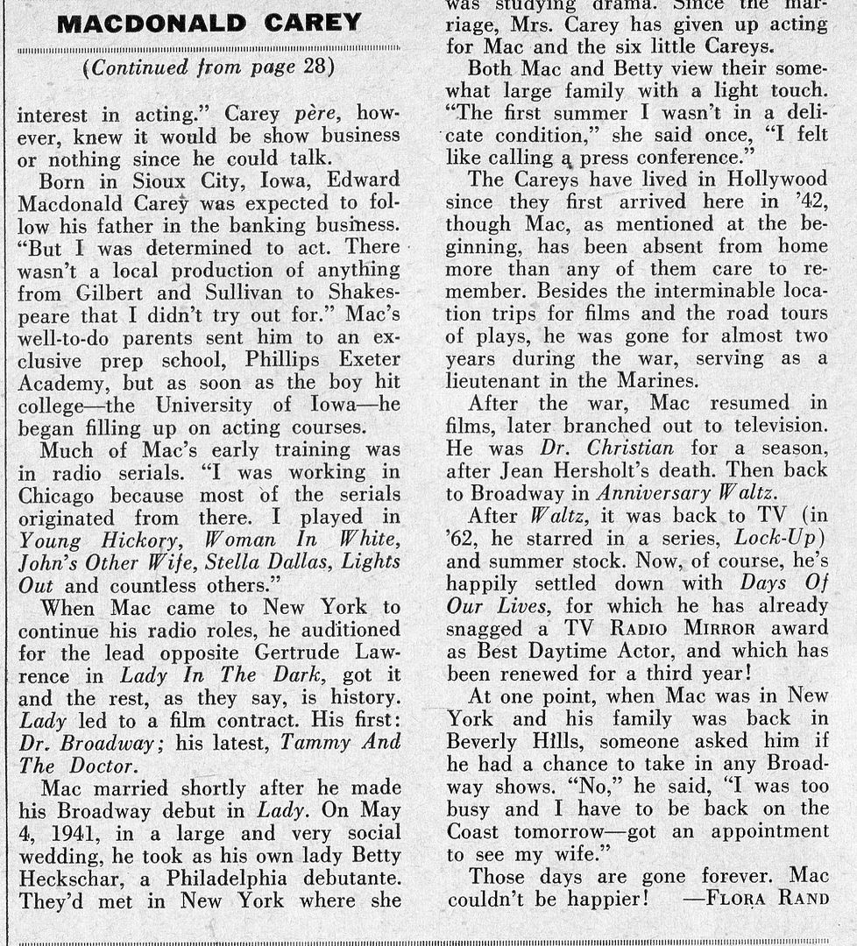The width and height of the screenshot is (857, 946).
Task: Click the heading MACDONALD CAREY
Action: tap(209, 22)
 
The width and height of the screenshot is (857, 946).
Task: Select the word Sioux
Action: tap(152, 180)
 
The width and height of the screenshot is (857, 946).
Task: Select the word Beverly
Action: tap(485, 741)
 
